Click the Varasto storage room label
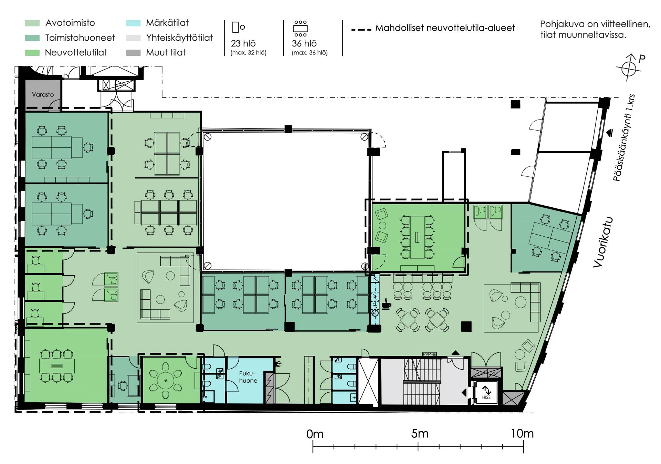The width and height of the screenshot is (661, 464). coord(43,94)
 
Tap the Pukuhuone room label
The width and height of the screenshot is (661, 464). coord(248,377)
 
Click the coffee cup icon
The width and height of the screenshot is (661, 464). coord(386,305)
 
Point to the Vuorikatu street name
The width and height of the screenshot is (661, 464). coord(603,242)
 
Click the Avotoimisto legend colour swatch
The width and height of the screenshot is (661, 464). coord(32,23)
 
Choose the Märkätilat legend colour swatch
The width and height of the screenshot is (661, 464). coord(133,23)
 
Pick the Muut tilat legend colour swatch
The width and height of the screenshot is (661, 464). coord(133,53)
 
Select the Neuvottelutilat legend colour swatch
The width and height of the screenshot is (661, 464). coord(32,53)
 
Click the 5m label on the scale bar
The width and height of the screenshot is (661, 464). coord(420,434)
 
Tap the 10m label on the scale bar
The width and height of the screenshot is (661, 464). coord(522,434)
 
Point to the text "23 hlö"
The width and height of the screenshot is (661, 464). coord(243,43)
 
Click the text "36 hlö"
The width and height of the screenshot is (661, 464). coord(304,43)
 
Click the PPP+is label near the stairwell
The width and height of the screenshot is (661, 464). coord(429,354)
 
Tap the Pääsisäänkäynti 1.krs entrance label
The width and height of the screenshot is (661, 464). coord(623,138)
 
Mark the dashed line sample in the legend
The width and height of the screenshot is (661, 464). coord(361,29)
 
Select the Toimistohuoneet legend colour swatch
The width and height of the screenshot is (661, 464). coord(32,38)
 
